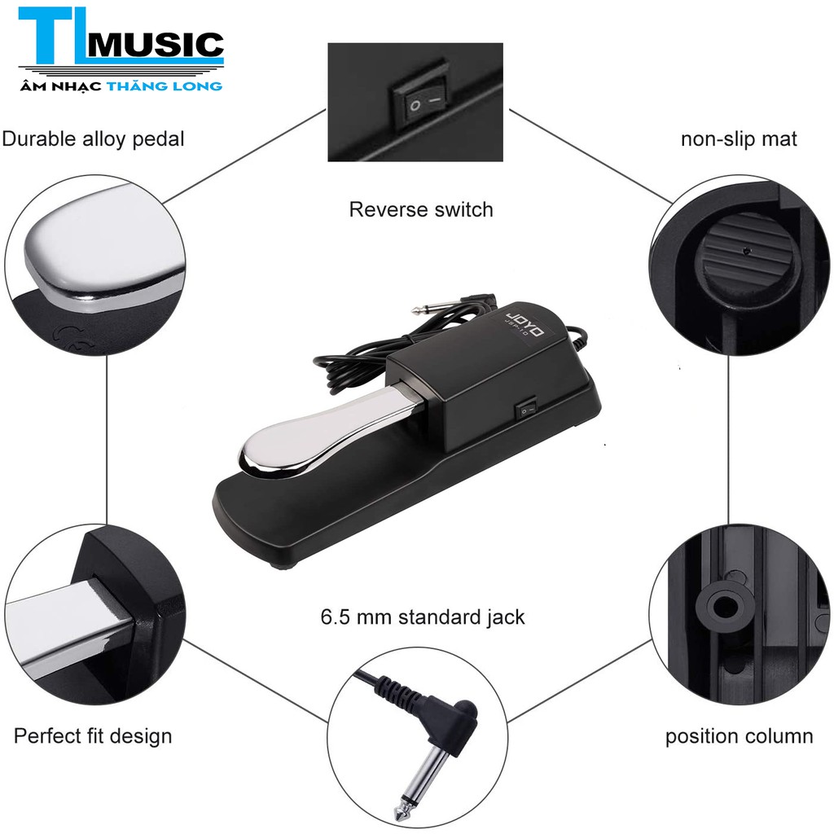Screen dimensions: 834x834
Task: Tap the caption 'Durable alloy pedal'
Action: [x=93, y=138]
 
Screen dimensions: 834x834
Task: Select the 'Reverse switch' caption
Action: [x=421, y=209]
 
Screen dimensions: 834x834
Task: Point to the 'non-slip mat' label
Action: [x=739, y=138]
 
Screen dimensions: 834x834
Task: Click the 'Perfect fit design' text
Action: [x=93, y=737]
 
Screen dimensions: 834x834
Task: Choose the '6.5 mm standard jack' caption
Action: [x=422, y=617]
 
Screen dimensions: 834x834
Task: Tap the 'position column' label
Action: [x=739, y=737]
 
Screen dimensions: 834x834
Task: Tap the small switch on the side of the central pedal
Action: [x=527, y=407]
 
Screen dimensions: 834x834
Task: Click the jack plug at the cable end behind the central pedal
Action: [x=429, y=307]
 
